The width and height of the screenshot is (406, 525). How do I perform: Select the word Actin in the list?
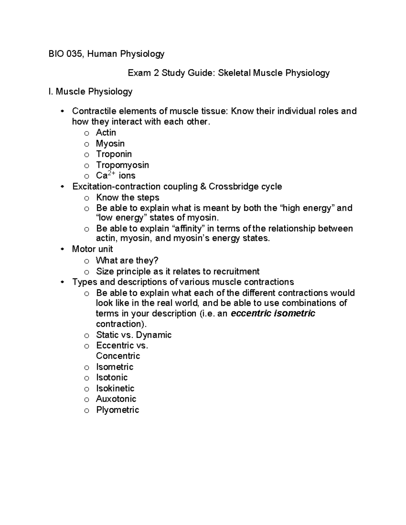pos(106,133)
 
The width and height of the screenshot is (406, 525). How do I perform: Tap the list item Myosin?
pos(110,144)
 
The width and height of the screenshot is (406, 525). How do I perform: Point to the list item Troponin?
pos(114,154)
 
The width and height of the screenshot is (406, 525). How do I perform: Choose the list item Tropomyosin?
pos(122,165)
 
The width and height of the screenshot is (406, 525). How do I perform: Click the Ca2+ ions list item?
pos(115,175)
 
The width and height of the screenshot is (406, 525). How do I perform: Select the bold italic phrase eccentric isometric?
pos(273,313)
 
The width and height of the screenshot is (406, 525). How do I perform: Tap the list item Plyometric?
pos(117,410)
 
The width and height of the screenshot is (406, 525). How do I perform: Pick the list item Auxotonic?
pos(116,399)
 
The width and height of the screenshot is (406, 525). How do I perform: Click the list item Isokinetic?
pos(115,388)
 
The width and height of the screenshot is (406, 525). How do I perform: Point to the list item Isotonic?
pos(112,377)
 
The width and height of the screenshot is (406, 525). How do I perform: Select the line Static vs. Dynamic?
pos(134,335)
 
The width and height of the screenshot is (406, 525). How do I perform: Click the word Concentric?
pos(118,356)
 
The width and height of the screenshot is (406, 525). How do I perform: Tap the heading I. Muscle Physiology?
pos(90,92)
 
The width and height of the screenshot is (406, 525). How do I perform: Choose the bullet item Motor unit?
pos(92,249)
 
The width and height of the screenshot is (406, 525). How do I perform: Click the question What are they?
pos(127,260)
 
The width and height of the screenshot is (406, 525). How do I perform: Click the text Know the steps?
pos(128,197)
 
